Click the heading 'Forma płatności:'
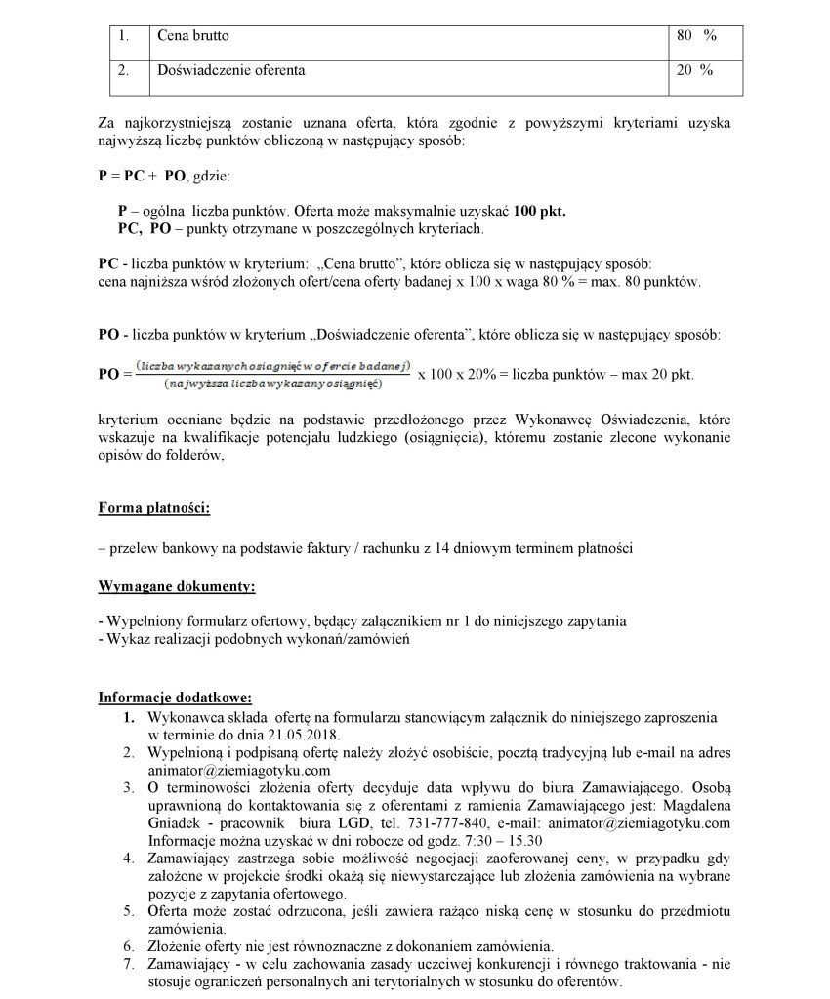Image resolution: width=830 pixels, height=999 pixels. [153, 507]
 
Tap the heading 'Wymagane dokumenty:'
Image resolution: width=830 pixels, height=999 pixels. [177, 587]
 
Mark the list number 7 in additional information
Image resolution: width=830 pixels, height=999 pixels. [128, 964]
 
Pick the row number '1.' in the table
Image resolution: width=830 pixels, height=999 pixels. [124, 35]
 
